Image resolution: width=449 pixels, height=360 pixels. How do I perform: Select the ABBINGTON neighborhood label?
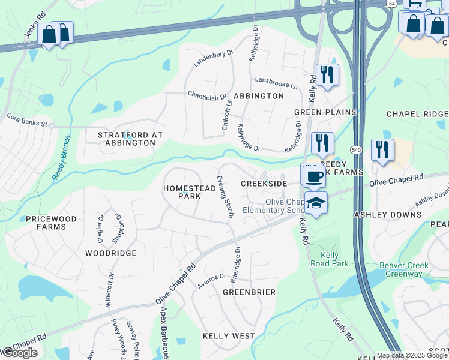pos(258,96)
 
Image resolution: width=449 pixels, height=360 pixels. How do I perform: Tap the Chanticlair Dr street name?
pos(207,95)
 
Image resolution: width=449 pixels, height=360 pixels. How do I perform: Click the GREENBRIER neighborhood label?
pos(249,292)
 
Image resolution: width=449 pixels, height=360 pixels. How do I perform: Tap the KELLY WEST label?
pos(229,336)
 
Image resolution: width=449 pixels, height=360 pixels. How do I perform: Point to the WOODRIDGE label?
pos(110,253)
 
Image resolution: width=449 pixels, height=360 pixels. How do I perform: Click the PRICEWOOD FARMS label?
pos(52,223)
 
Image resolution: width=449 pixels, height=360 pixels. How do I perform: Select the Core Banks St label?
pos(27,121)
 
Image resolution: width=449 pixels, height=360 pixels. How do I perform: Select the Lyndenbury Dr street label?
pos(213,58)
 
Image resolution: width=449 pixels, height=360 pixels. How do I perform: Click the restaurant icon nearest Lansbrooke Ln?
pos(327,74)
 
